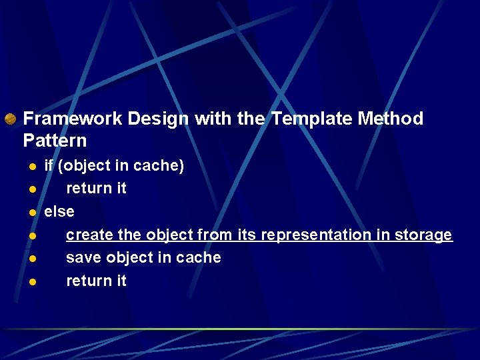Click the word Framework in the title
tap(73, 119)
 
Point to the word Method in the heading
tap(390, 119)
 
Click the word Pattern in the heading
tap(55, 141)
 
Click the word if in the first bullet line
tap(49, 165)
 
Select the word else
tap(59, 211)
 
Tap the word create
tap(89, 235)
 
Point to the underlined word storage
tap(423, 235)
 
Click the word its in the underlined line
tap(246, 235)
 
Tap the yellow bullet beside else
tap(31, 213)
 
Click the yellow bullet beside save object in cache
tap(31, 259)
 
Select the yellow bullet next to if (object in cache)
tap(31, 167)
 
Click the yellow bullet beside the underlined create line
tap(31, 236)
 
